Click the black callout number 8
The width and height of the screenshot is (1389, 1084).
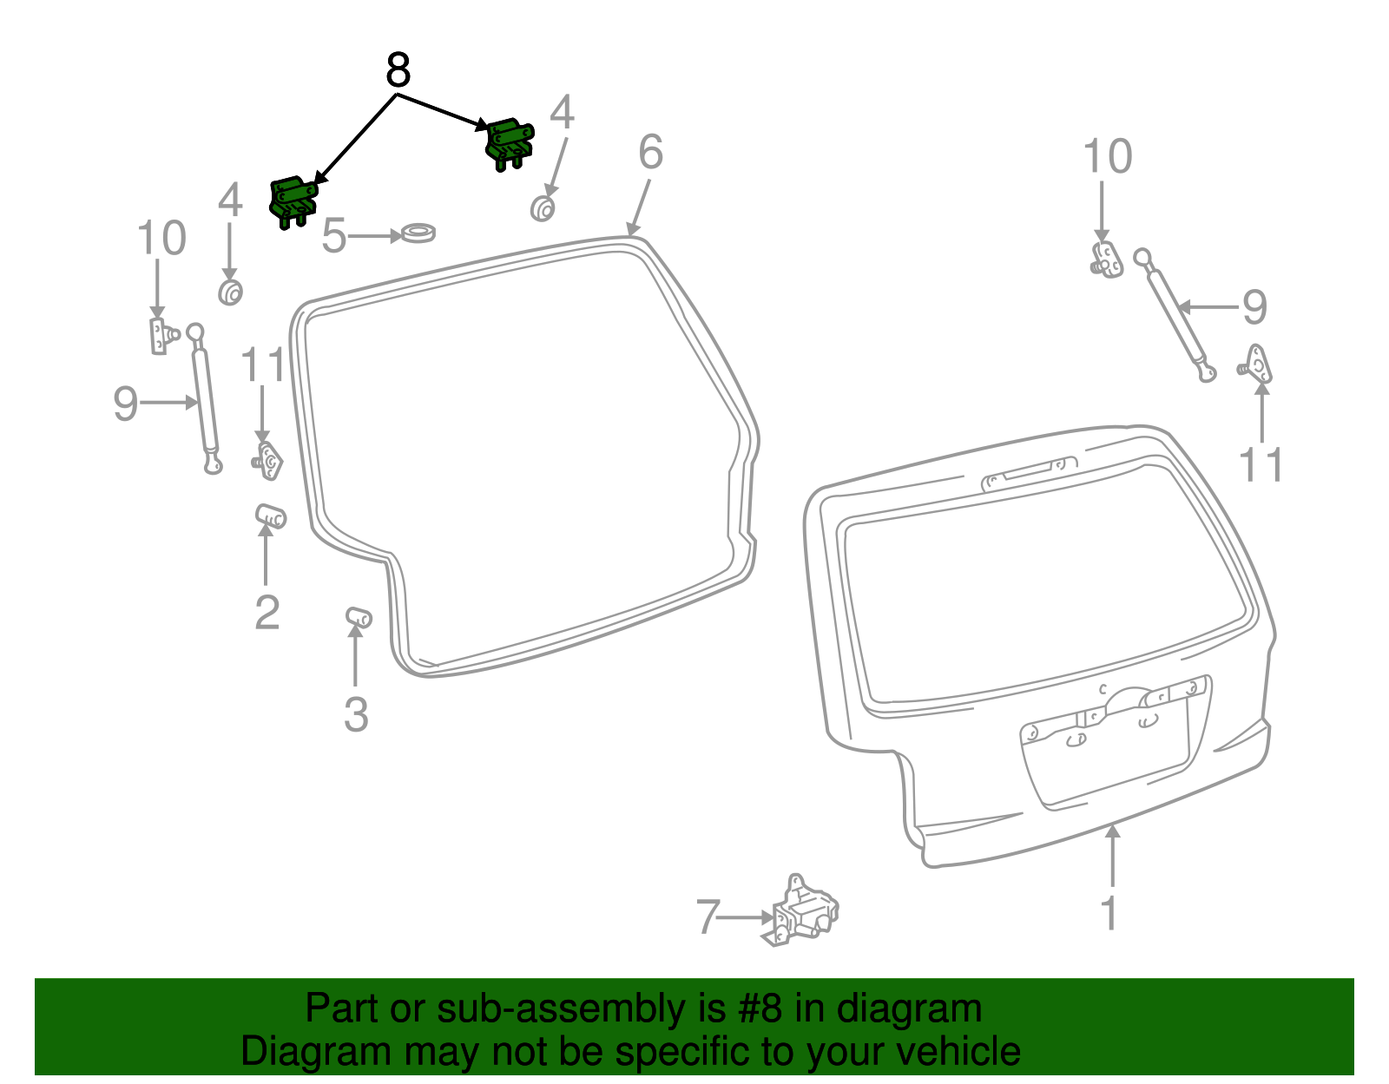(x=398, y=70)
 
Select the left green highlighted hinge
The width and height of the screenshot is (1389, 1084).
(x=293, y=201)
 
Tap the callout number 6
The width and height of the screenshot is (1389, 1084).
(x=650, y=153)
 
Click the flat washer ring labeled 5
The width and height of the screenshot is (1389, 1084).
(x=418, y=233)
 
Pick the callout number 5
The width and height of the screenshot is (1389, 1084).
(x=334, y=236)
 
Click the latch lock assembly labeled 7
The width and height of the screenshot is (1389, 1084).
(x=806, y=911)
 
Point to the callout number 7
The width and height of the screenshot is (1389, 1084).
(x=708, y=917)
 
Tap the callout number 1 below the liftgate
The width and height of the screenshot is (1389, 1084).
(x=1109, y=914)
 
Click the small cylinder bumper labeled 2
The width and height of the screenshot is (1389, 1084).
(x=271, y=516)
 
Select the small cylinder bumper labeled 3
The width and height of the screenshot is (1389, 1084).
(x=359, y=617)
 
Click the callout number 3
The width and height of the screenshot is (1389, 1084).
(x=356, y=715)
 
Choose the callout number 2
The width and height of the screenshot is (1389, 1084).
(x=267, y=613)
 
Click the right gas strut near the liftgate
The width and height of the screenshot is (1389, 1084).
(x=1175, y=315)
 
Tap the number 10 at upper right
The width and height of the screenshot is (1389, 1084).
(x=1107, y=158)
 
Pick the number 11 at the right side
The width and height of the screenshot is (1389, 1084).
(x=1261, y=466)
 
